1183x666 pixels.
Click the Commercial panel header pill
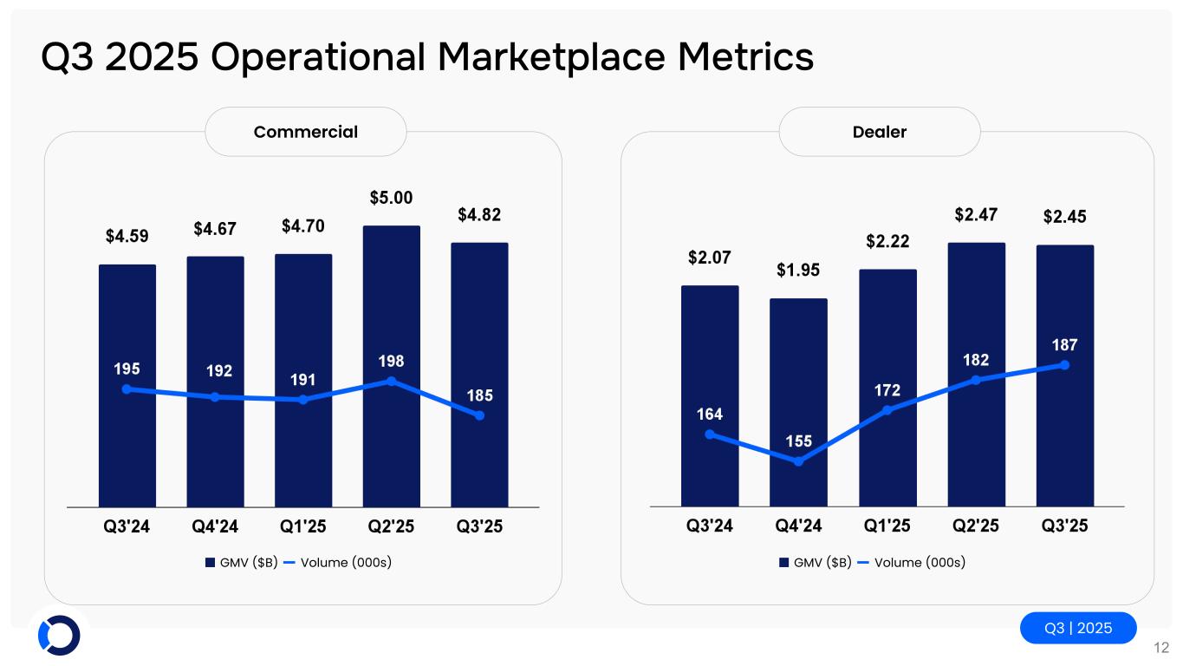[305, 132]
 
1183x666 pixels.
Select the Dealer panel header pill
[879, 132]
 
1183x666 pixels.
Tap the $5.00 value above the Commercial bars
[391, 198]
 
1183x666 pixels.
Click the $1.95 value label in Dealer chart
[798, 271]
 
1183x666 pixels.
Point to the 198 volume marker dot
[392, 381]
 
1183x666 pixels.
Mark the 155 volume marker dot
[798, 461]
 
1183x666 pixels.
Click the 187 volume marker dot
[1064, 365]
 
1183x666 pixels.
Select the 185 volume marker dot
[479, 415]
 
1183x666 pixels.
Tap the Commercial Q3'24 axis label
[127, 526]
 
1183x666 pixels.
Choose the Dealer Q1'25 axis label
[887, 526]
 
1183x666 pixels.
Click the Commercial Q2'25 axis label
[392, 526]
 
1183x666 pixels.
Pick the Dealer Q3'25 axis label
[1064, 526]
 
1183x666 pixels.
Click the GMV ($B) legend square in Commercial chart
[210, 563]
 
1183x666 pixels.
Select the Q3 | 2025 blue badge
[1077, 628]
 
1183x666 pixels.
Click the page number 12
[1161, 647]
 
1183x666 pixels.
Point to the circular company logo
[59, 636]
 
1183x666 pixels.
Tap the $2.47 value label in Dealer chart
[976, 213]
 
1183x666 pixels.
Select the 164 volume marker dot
[710, 434]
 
